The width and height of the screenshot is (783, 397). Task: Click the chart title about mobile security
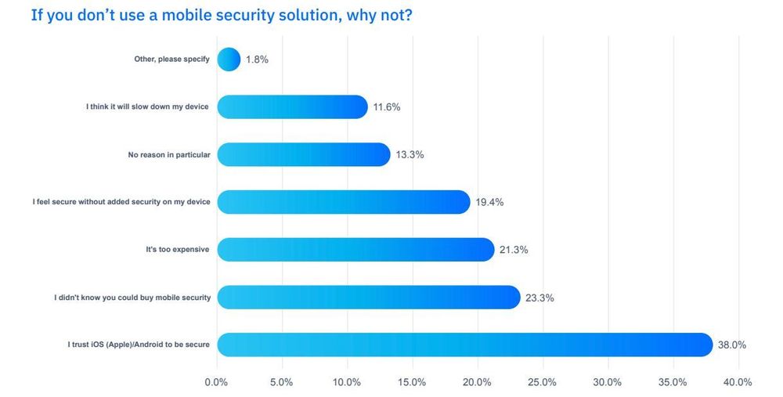222,15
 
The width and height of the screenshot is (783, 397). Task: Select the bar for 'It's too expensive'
355,250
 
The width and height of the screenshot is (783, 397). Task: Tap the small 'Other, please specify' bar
229,60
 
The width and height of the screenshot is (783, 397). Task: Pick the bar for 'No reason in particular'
303,154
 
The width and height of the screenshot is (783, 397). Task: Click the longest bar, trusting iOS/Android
464,345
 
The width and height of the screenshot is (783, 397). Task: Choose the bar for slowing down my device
292,106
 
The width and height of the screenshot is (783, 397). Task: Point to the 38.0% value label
731,345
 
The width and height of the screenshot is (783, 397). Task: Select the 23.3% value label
539,298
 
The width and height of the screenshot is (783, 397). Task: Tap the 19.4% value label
489,202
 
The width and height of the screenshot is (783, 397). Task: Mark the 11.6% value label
387,107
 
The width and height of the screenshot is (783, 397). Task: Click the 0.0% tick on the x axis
216,382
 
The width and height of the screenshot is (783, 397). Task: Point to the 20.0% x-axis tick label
477,382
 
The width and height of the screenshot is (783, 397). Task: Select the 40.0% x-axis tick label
738,382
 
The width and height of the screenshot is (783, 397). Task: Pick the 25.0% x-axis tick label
542,382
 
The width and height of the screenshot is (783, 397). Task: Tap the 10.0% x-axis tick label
347,382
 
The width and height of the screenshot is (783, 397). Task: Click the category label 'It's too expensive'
178,250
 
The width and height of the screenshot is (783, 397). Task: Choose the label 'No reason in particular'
169,154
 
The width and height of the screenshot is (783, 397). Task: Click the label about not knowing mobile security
132,298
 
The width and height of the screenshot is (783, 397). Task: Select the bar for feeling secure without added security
343,202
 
